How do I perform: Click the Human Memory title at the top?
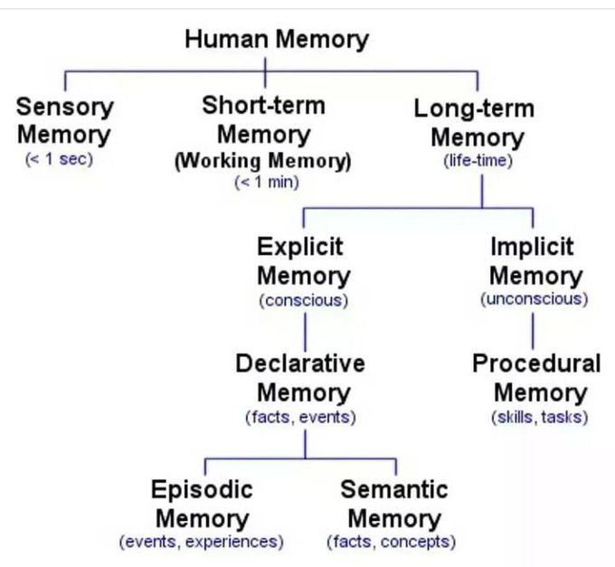pos(276,40)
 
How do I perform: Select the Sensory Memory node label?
pos(65,121)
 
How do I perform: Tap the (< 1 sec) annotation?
pos(59,160)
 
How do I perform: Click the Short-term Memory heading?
pos(264,120)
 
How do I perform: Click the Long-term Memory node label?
pos(475,124)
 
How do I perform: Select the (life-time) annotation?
pos(478,162)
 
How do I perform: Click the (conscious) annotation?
pos(304,300)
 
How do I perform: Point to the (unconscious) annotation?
pos(534,298)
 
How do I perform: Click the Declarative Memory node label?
pos(301,378)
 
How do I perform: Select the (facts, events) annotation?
pos(301,417)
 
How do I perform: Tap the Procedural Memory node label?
pos(536,378)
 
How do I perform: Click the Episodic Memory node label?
pos(203,504)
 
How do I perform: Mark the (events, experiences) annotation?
pos(202,543)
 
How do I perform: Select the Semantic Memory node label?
pos(393,504)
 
